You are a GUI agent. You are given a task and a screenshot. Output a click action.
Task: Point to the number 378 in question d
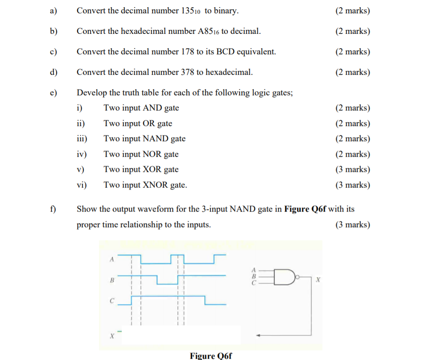pyautogui.click(x=187, y=72)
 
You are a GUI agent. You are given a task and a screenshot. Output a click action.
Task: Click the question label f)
pyautogui.click(x=53, y=209)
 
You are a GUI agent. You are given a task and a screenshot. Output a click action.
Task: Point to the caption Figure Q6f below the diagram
pyautogui.click(x=211, y=356)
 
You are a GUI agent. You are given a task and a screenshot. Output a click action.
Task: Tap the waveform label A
pyautogui.click(x=112, y=259)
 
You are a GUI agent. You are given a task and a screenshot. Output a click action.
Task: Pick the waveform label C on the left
pyautogui.click(x=112, y=301)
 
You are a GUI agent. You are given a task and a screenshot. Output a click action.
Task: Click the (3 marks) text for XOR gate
pyautogui.click(x=352, y=169)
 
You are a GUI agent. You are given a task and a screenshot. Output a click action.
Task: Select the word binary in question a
pyautogui.click(x=226, y=11)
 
